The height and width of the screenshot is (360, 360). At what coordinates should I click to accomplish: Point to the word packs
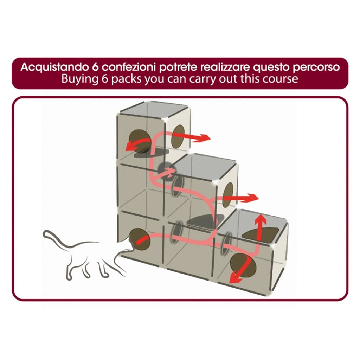tap(126, 79)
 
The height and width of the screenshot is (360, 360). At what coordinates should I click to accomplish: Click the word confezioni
tap(129, 67)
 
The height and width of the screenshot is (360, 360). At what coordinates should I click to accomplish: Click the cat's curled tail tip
tap(45, 233)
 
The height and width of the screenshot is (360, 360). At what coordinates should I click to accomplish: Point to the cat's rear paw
tap(69, 277)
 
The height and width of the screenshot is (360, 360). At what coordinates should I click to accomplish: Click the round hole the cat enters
tap(140, 239)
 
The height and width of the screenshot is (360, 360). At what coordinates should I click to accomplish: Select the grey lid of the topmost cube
tap(154, 110)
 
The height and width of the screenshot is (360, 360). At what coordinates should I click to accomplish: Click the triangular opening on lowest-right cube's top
tap(262, 234)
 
